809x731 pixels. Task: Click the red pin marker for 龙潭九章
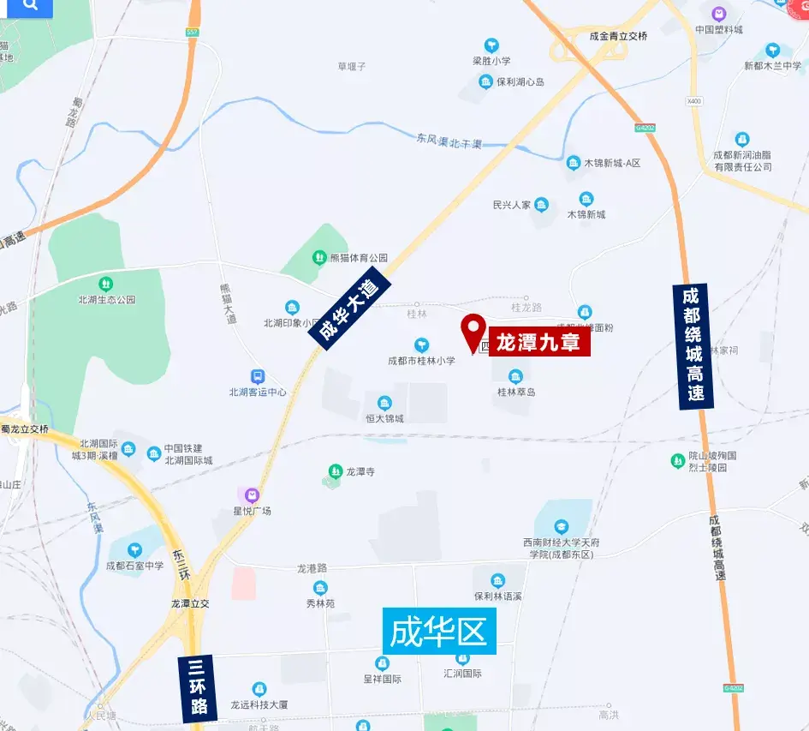[473, 331]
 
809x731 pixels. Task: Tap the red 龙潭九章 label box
[539, 343]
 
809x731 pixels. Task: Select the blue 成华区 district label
[438, 632]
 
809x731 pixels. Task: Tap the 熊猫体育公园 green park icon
[318, 257]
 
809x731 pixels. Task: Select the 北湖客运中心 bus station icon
[258, 376]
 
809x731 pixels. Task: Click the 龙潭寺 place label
[360, 471]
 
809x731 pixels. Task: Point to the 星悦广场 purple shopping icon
[252, 494]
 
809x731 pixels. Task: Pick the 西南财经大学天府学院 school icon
[562, 526]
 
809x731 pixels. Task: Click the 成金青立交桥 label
[618, 36]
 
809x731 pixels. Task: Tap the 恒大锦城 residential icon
[384, 403]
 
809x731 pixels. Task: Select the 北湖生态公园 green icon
[106, 284]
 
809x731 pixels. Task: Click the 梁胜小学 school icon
[491, 45]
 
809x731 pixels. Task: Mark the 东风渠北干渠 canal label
[449, 141]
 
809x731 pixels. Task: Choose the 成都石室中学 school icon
[134, 549]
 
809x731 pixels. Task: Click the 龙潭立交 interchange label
[189, 603]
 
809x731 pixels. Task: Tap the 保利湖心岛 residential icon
[485, 82]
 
